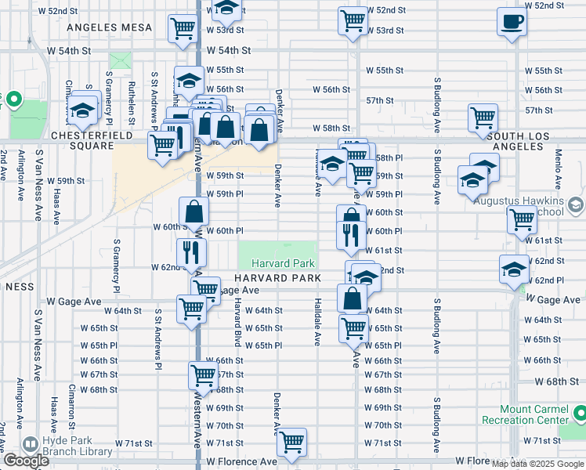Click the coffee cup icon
pyautogui.click(x=512, y=23)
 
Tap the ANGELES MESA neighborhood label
pyautogui.click(x=110, y=27)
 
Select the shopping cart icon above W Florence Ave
pyautogui.click(x=292, y=442)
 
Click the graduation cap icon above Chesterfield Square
pyautogui.click(x=82, y=112)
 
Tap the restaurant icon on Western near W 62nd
pyautogui.click(x=190, y=251)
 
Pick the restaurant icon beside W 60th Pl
pyautogui.click(x=350, y=233)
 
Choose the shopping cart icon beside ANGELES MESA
pyautogui.click(x=183, y=28)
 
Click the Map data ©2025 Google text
pyautogui.click(x=537, y=463)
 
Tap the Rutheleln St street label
pyautogui.click(x=133, y=101)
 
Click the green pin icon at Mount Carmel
pyautogui.click(x=578, y=413)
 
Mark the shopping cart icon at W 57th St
pyautogui.click(x=483, y=118)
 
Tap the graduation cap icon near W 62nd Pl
pyautogui.click(x=514, y=269)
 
